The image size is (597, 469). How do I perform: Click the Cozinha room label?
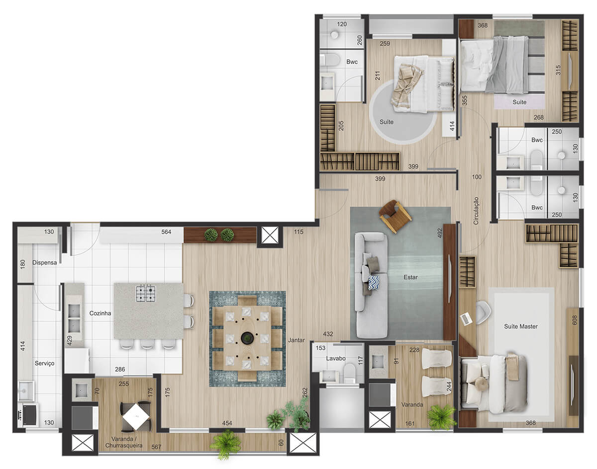pos(100,313)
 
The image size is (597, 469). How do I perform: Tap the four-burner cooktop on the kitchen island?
pos(146,293)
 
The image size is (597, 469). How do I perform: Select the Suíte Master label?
pos(521,326)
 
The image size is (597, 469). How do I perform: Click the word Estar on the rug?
pos(410,277)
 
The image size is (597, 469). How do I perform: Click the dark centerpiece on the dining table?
pos(247,338)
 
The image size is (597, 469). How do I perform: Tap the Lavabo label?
pos(336,358)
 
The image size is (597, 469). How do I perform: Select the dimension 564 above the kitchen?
pos(166,232)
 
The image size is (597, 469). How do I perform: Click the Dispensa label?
pos(44,262)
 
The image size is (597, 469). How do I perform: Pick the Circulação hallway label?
pos(476,211)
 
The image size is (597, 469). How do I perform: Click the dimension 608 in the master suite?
pos(575,320)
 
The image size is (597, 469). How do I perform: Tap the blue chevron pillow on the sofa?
pos(374,283)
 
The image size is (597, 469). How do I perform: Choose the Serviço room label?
pos(44,363)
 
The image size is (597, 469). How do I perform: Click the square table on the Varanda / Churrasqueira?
pos(136,416)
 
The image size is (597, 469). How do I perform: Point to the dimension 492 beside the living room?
pos(440,233)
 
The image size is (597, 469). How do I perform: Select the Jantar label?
pos(297,340)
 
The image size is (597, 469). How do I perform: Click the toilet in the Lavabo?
pos(349,373)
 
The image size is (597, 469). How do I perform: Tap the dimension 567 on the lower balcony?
pos(156,447)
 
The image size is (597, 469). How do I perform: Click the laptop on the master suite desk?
pos(466,319)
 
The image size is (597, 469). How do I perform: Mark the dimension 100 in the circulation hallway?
pos(477,177)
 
